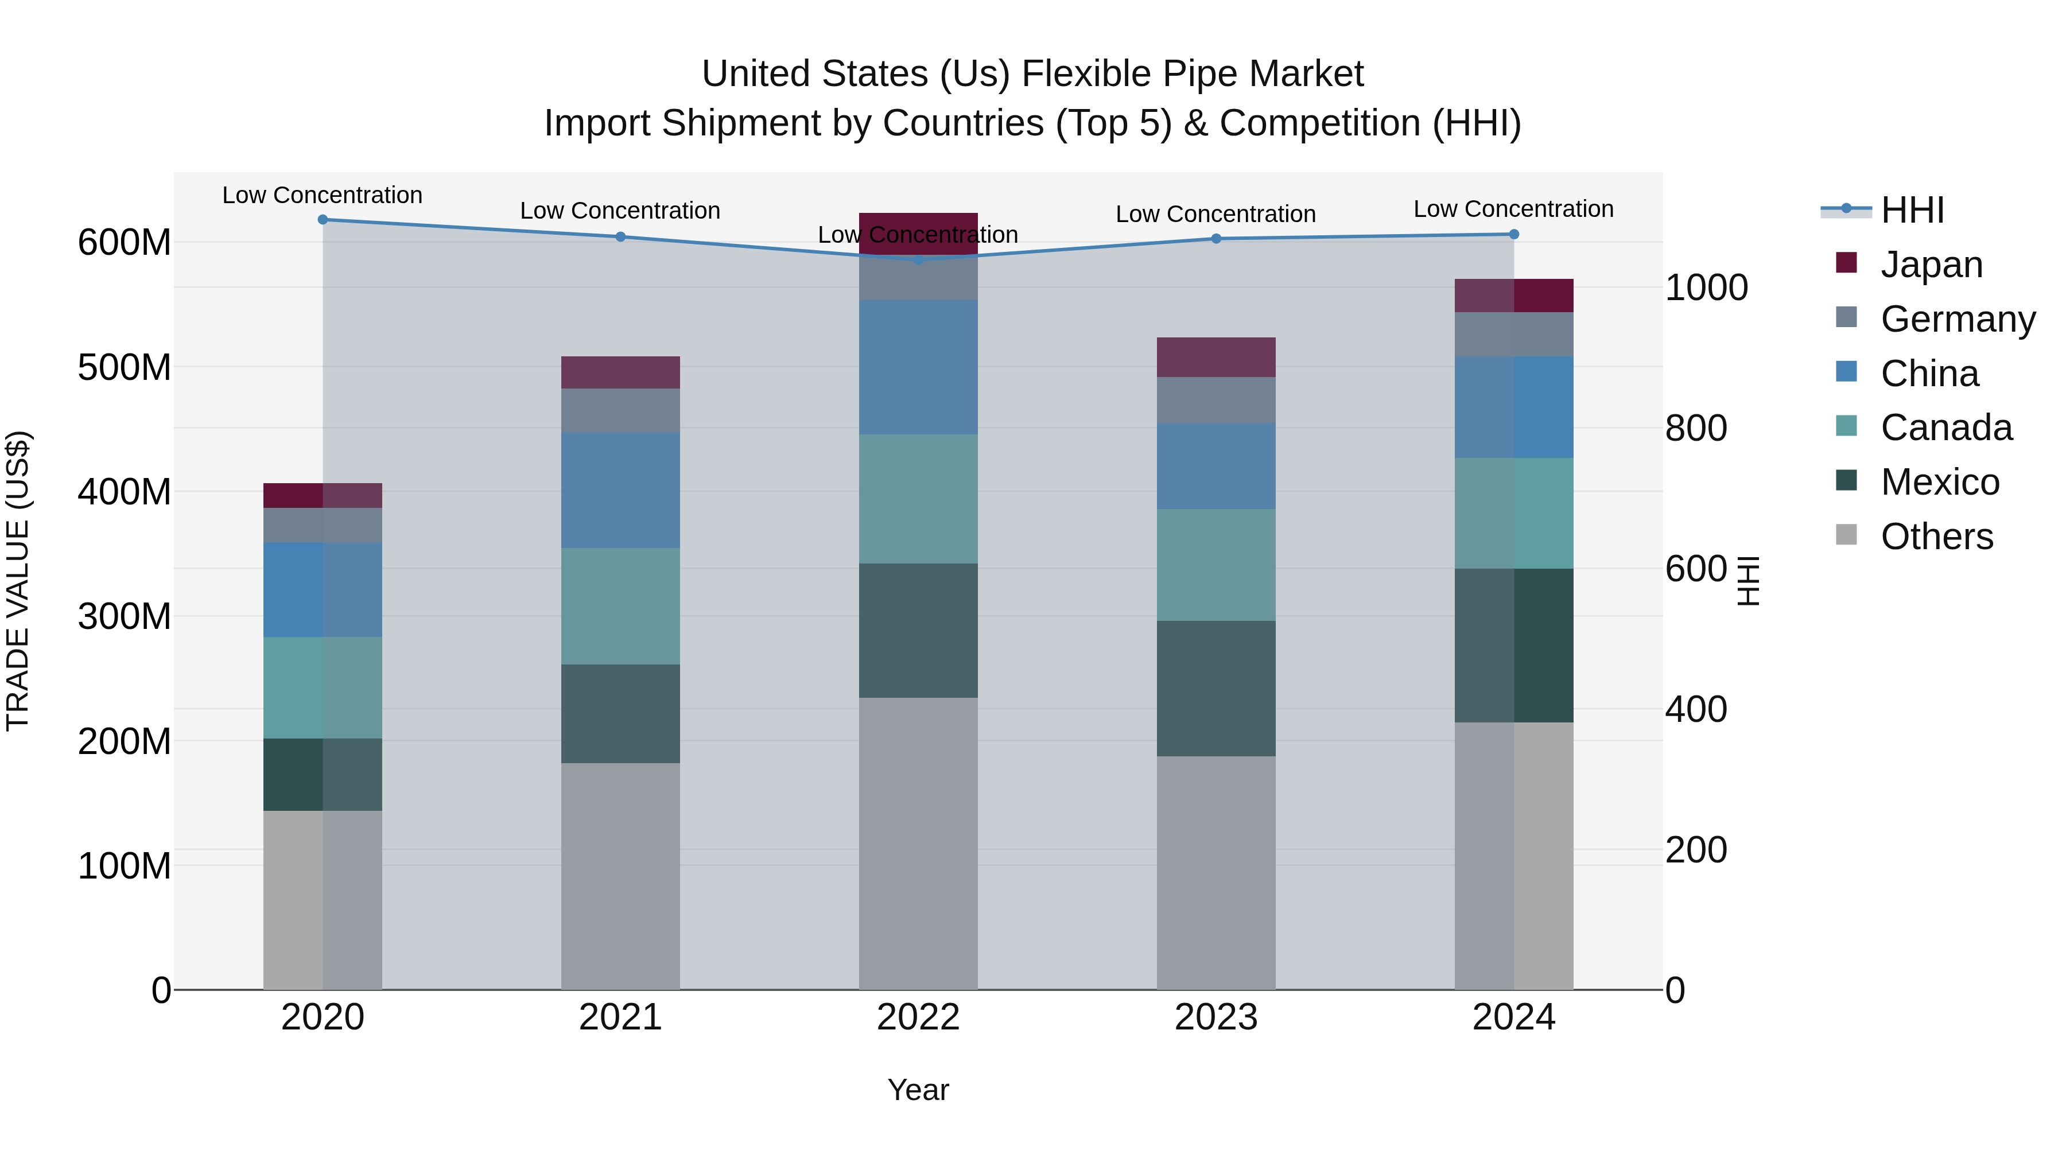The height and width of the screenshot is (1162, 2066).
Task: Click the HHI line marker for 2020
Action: [x=323, y=220]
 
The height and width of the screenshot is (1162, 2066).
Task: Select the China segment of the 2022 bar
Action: [x=918, y=367]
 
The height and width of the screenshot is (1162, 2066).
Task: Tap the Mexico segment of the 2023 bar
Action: [x=1216, y=688]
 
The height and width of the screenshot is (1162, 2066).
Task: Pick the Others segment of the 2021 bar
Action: [x=621, y=876]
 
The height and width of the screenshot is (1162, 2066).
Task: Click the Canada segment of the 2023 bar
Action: [x=1216, y=565]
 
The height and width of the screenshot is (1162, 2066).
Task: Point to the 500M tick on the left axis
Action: [x=125, y=368]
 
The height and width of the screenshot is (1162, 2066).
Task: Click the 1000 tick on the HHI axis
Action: [x=1706, y=288]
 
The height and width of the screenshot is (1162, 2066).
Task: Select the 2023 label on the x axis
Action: [x=1216, y=1017]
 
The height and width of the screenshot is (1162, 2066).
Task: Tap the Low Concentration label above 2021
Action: [x=620, y=211]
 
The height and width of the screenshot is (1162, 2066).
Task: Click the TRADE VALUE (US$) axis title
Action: [x=18, y=581]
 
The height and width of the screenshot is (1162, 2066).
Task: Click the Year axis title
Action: [x=918, y=1090]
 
